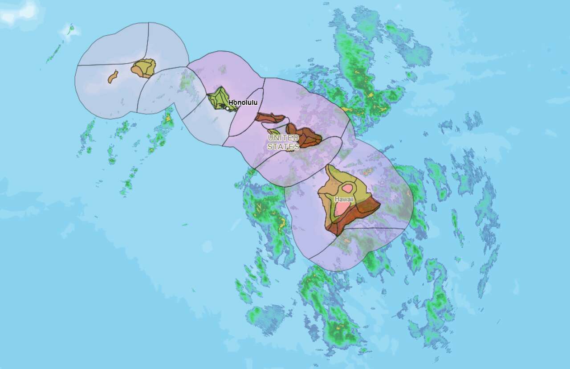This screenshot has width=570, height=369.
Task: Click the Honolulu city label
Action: click(x=243, y=102)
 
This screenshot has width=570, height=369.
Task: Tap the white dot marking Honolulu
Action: click(x=228, y=108)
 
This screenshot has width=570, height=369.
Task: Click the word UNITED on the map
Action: click(x=283, y=138)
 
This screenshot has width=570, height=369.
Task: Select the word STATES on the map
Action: click(x=283, y=147)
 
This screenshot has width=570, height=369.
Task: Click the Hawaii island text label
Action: click(x=344, y=199)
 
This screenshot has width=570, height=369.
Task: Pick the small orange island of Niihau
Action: click(x=113, y=77)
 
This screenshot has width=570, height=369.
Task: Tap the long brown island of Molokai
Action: click(x=269, y=118)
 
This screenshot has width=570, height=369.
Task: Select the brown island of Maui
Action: click(x=307, y=136)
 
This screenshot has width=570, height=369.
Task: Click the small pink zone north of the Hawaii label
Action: click(x=347, y=189)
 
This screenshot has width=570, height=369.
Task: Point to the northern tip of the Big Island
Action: click(x=328, y=166)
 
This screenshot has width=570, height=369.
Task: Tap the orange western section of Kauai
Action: click(x=136, y=70)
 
